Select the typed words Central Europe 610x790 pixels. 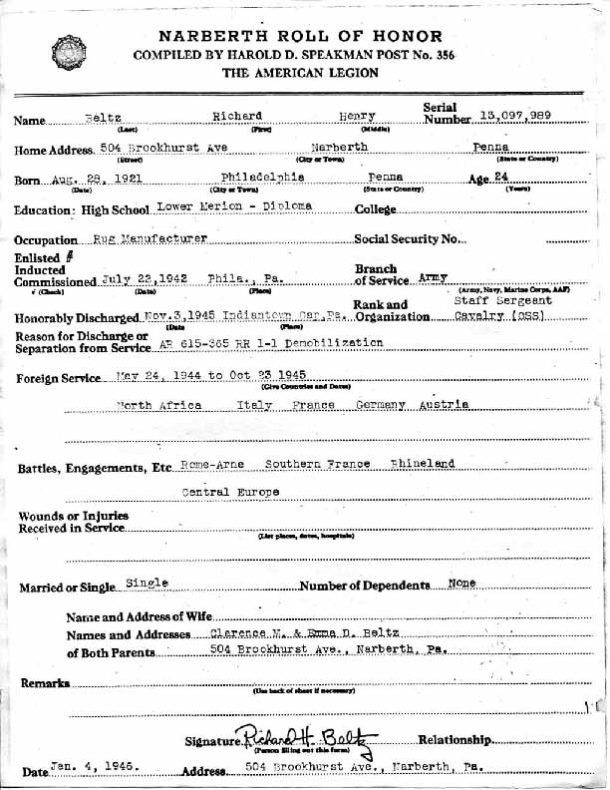click(229, 492)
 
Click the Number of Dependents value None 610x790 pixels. click(461, 583)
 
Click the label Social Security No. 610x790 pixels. click(411, 240)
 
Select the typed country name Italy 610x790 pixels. click(254, 405)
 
